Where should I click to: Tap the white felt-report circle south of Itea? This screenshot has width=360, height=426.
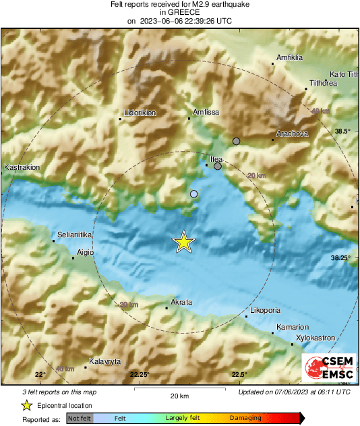[194, 194]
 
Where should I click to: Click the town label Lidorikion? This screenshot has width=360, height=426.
[140, 113]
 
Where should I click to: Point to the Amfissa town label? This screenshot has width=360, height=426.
[206, 112]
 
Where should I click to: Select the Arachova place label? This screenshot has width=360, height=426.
[292, 133]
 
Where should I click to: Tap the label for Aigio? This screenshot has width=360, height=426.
[86, 252]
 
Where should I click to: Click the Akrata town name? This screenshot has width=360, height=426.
[182, 302]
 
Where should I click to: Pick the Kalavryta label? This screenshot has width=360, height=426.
[104, 361]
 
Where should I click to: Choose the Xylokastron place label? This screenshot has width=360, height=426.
[316, 338]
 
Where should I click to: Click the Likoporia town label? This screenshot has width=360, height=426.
[264, 310]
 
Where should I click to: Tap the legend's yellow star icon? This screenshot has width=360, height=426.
[26, 405]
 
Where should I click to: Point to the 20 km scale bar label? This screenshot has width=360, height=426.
[179, 396]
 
